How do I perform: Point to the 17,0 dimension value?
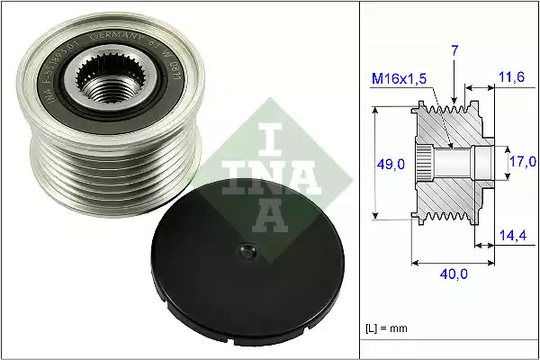tap(521, 162)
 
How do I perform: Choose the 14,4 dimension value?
tap(512, 236)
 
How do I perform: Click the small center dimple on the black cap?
tap(243, 254)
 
